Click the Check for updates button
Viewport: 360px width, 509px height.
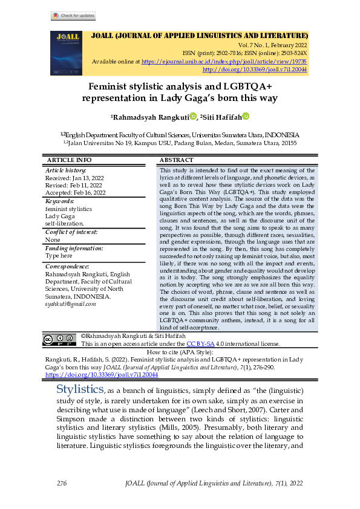(x=73, y=16)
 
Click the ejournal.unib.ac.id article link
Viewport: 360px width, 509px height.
(x=225, y=62)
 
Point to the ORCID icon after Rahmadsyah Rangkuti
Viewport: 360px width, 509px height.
(x=193, y=117)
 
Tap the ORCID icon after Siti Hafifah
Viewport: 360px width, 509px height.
(x=246, y=117)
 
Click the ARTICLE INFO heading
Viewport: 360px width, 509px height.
(x=69, y=160)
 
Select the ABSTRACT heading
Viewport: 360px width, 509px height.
(x=177, y=160)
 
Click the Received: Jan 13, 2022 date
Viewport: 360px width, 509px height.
(x=76, y=178)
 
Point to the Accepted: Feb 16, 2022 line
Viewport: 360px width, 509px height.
(x=76, y=193)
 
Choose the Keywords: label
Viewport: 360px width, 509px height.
(x=59, y=201)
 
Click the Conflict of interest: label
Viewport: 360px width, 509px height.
(x=71, y=232)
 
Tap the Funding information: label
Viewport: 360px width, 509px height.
(x=74, y=248)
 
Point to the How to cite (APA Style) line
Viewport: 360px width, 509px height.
(x=180, y=351)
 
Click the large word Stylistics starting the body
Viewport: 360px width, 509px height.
(x=80, y=388)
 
